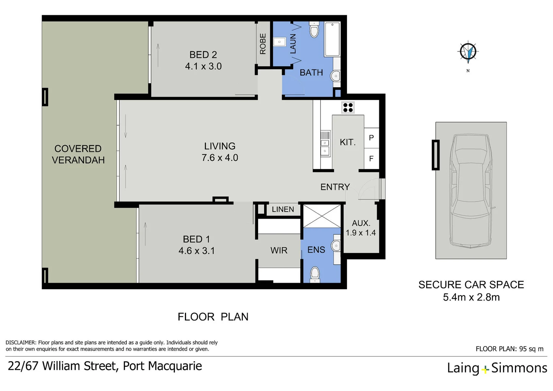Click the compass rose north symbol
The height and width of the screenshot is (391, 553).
468,51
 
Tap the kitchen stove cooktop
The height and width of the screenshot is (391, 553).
348,108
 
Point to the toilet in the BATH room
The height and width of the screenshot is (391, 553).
314,30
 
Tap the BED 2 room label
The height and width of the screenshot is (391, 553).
203,55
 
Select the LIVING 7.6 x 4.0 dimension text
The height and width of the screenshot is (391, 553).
220,158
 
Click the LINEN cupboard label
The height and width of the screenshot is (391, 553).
283,209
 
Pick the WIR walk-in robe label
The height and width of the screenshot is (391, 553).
279,250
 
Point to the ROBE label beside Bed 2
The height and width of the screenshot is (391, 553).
263,44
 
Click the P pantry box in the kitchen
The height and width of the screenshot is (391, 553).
371,138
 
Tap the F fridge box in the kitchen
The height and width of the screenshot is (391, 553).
371,159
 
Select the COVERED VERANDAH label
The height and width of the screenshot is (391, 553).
78,154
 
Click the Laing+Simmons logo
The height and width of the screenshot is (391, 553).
497,368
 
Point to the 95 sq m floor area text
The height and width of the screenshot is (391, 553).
531,349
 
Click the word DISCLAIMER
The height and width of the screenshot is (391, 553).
21,342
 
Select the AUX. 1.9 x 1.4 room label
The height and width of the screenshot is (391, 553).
361,228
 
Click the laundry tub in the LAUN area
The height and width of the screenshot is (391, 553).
279,42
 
